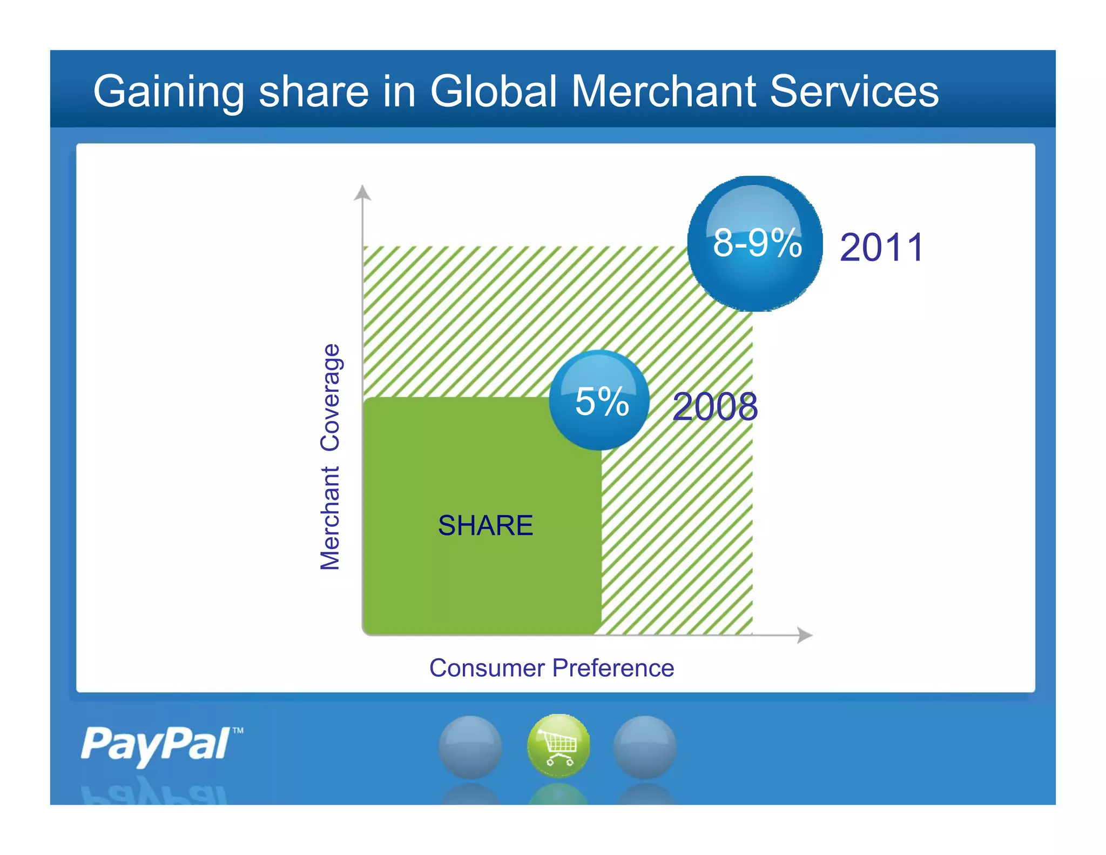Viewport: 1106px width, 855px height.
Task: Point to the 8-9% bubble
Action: pyautogui.click(x=755, y=244)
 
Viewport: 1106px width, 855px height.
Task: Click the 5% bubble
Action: pyautogui.click(x=599, y=400)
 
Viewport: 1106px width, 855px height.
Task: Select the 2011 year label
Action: pyautogui.click(x=881, y=248)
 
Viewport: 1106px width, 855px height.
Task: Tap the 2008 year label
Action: pyautogui.click(x=715, y=406)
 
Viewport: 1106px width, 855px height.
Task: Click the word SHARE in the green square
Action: pyautogui.click(x=485, y=525)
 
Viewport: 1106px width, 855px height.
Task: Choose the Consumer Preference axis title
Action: pyautogui.click(x=551, y=668)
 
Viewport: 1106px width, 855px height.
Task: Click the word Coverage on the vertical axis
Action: pyautogui.click(x=330, y=397)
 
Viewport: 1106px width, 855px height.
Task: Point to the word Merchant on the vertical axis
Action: pyautogui.click(x=330, y=518)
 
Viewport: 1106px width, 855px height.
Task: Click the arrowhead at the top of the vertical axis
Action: pyautogui.click(x=362, y=192)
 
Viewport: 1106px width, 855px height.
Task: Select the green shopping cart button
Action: pyautogui.click(x=558, y=746)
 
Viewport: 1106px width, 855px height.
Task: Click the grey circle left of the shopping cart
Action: pyautogui.click(x=470, y=747)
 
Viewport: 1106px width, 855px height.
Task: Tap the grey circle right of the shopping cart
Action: pyautogui.click(x=645, y=747)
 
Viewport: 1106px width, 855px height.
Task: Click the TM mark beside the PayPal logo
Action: pyautogui.click(x=238, y=731)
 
